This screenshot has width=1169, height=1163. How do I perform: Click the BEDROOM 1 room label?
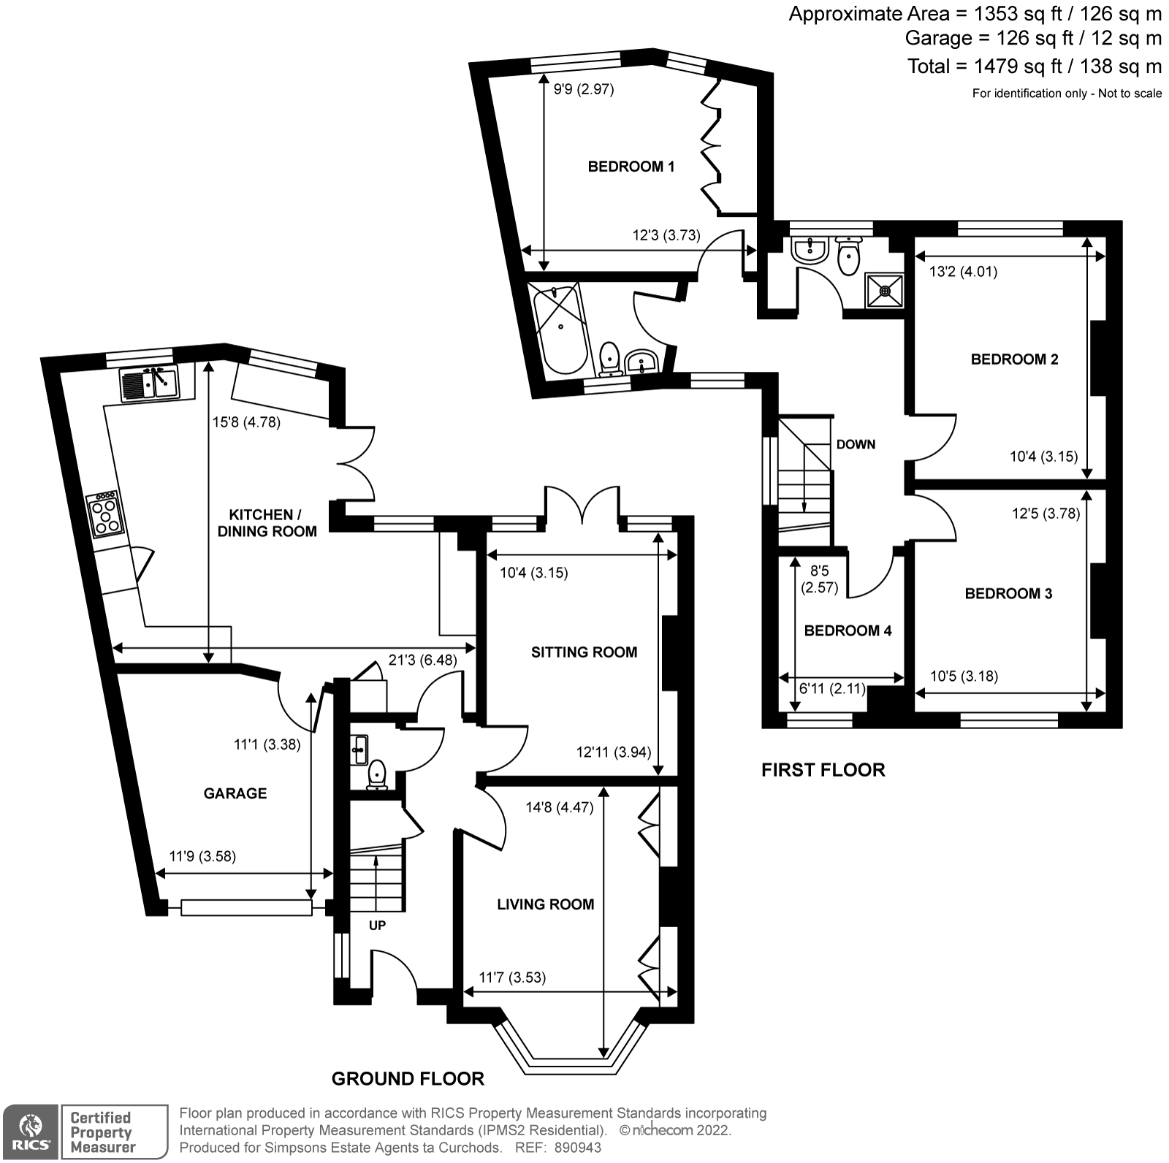(x=631, y=167)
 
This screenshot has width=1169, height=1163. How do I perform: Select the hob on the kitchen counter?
(x=104, y=515)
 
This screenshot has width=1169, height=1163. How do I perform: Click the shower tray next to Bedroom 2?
(x=885, y=291)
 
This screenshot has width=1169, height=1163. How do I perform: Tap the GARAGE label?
(x=235, y=793)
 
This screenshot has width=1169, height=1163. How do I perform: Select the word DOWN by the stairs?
(x=856, y=444)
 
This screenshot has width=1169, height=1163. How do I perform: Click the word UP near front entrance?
(x=377, y=925)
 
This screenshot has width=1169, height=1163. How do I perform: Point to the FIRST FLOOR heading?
(x=823, y=770)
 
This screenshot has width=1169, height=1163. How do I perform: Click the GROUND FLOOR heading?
(x=408, y=1078)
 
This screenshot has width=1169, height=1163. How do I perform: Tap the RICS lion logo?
(x=31, y=1131)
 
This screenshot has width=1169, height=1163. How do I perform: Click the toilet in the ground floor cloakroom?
(x=377, y=774)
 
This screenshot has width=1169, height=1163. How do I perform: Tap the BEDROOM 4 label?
(x=848, y=630)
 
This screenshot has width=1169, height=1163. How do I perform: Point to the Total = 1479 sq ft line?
(x=1034, y=66)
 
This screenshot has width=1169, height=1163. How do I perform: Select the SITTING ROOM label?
(x=584, y=652)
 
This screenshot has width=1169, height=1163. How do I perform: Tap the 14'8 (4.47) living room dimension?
(x=560, y=807)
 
